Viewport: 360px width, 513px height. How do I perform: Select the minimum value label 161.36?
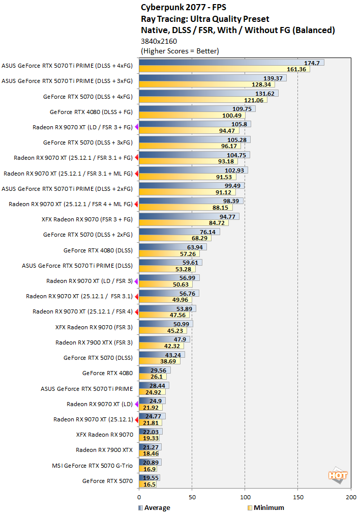tap(297, 69)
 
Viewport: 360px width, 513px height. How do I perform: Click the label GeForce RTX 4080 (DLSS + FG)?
tap(91, 111)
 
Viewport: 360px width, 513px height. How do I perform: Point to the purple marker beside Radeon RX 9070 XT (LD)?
tap(136, 404)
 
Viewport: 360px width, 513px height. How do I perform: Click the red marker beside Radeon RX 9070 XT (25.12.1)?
tap(136, 419)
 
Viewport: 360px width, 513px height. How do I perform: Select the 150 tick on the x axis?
tap(297, 497)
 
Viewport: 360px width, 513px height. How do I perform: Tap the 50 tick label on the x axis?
tap(192, 497)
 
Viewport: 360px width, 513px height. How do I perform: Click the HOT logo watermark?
tap(338, 475)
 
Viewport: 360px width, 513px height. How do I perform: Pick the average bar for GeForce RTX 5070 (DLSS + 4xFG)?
tap(208, 93)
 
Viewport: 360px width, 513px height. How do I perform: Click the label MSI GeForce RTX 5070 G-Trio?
tap(92, 465)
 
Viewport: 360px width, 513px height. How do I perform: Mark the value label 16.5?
tap(149, 484)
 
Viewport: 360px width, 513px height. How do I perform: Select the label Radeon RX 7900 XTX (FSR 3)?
tap(94, 343)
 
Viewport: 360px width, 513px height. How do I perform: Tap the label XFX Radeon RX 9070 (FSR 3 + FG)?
tap(87, 219)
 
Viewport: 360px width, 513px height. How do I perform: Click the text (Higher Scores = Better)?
tap(179, 51)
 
